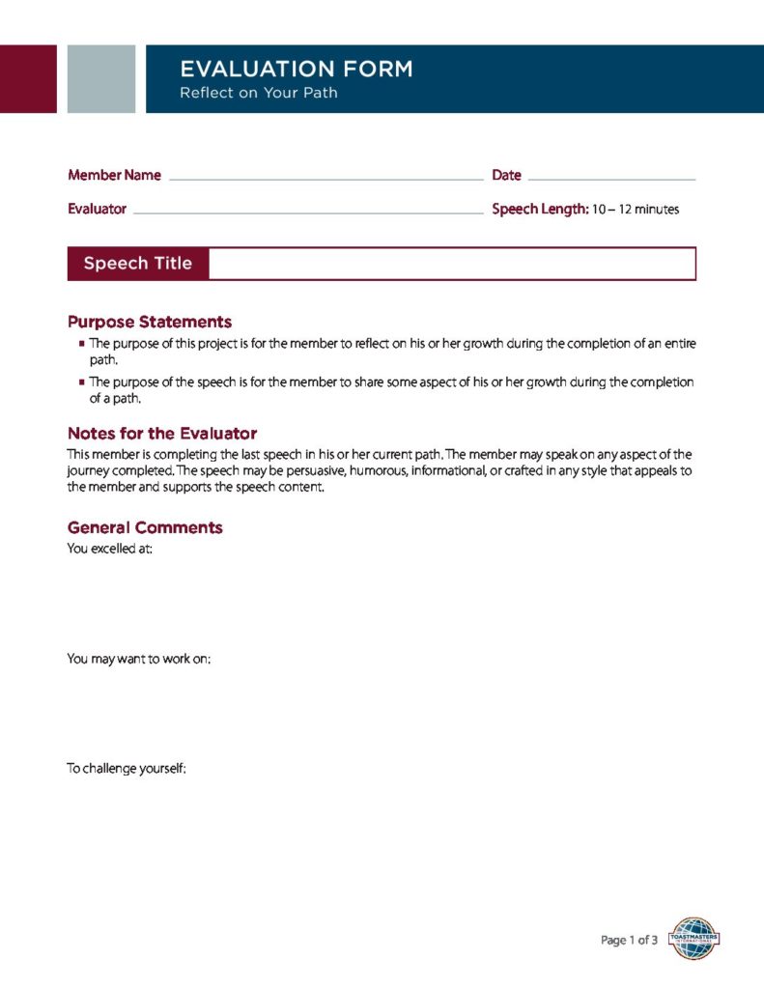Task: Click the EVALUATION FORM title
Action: pos(296,70)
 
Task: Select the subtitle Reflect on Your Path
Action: pos(258,94)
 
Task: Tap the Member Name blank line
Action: pos(325,179)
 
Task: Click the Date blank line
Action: pos(611,179)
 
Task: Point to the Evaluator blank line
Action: pos(308,212)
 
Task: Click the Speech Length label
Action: pos(540,209)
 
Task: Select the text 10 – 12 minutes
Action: pos(636,210)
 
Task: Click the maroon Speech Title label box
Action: pos(138,264)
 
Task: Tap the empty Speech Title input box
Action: pos(452,264)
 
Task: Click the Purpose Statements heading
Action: pos(150,322)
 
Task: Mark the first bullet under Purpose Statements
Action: pos(83,344)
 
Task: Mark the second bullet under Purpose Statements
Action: pos(83,381)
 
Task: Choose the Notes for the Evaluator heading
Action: pos(162,434)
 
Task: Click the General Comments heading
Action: pos(145,527)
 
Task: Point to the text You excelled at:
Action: pos(109,550)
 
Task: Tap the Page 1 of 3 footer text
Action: pos(629,940)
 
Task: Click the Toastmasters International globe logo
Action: pos(693,938)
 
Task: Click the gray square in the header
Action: pos(101,78)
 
